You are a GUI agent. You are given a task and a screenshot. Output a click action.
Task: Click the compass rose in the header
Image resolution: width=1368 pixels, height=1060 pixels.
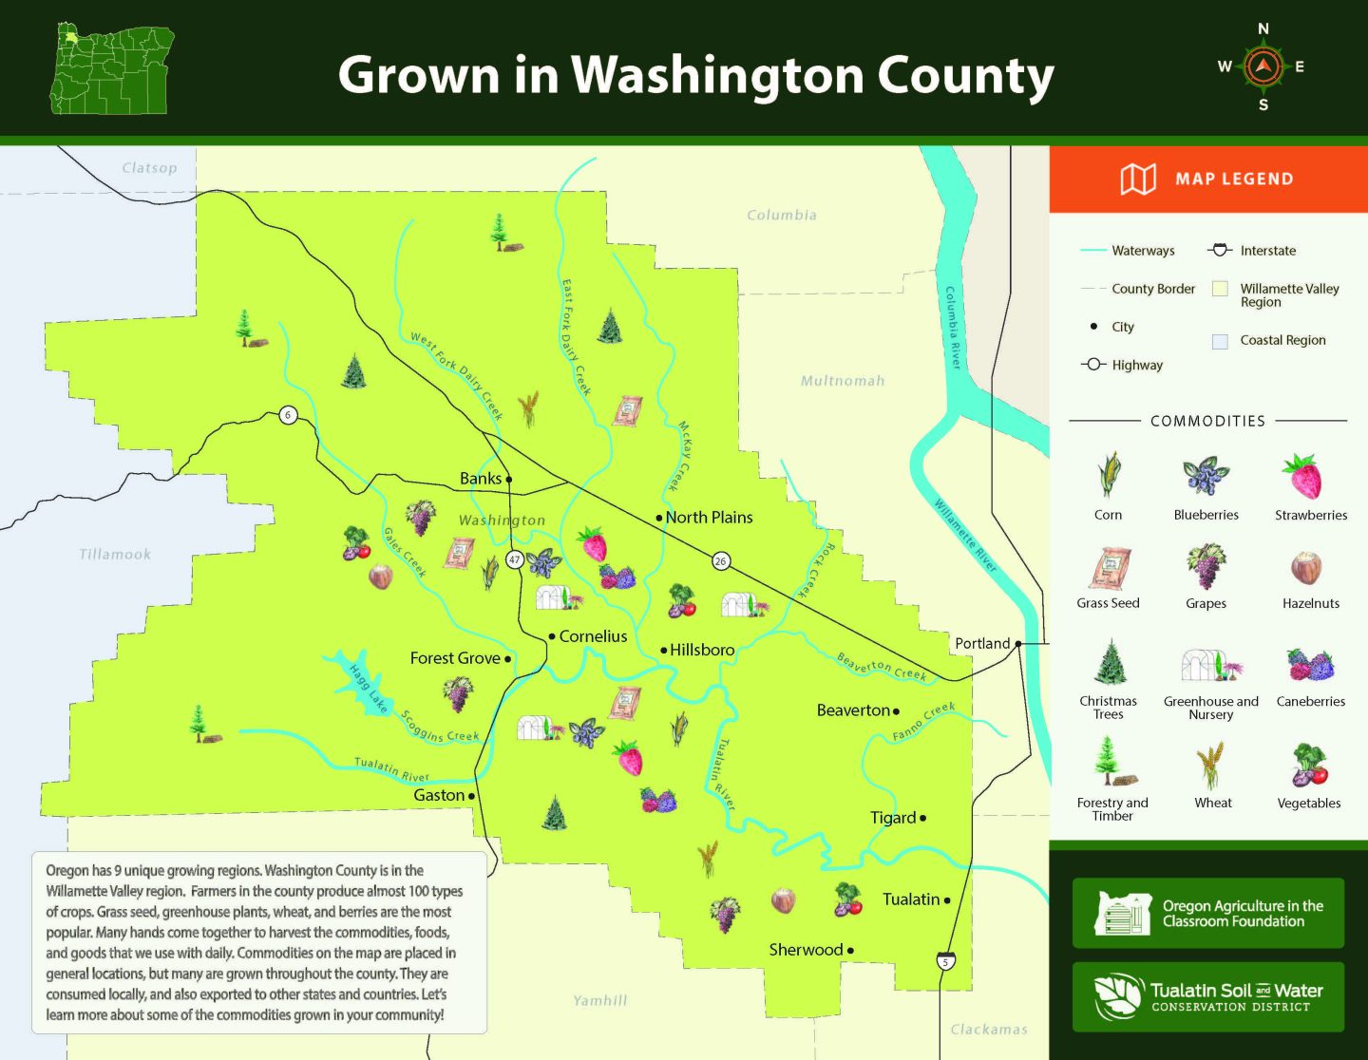pos(1263,66)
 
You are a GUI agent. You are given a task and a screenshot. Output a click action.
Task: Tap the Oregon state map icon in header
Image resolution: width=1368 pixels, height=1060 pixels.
pos(112,69)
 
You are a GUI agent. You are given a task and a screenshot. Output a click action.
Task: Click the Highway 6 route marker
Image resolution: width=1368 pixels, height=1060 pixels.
pos(288,414)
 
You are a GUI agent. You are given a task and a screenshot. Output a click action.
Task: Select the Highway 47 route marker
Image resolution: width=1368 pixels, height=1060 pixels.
pos(515,559)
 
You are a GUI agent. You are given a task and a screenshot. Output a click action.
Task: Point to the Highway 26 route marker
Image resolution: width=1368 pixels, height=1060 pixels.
pos(721,560)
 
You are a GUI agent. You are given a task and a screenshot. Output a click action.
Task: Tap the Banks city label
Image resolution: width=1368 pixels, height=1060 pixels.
pos(480,479)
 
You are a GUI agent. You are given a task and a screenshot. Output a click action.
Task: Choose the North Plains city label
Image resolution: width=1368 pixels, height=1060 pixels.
pos(709,518)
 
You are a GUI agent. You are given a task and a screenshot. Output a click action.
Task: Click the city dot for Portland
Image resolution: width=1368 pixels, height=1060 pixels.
pos(1018,644)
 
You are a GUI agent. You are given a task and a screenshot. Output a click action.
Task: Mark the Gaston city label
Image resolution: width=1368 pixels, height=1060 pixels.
pos(439,795)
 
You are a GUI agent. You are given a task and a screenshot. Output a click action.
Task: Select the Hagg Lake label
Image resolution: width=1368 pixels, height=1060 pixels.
pos(369,689)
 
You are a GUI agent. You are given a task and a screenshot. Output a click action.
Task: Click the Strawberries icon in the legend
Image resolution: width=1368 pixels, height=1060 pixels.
pos(1303,477)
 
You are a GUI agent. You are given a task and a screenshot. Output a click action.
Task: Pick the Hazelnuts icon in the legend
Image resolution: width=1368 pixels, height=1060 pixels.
pos(1307,567)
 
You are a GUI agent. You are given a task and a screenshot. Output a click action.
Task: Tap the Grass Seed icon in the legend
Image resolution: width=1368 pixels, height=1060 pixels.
pos(1110,569)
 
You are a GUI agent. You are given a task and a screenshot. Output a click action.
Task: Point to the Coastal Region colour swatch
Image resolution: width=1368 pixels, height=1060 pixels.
pos(1221,341)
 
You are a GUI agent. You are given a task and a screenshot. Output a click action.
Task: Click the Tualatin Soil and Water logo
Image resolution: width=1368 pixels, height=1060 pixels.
pos(1208,996)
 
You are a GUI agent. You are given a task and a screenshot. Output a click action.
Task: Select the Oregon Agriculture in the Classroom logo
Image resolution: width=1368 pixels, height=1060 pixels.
pos(1208,913)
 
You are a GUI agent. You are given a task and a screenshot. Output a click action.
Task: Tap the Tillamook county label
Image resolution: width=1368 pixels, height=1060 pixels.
pos(115,555)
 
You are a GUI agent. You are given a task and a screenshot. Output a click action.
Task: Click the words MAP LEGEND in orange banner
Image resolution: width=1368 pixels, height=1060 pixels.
pos(1233,179)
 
